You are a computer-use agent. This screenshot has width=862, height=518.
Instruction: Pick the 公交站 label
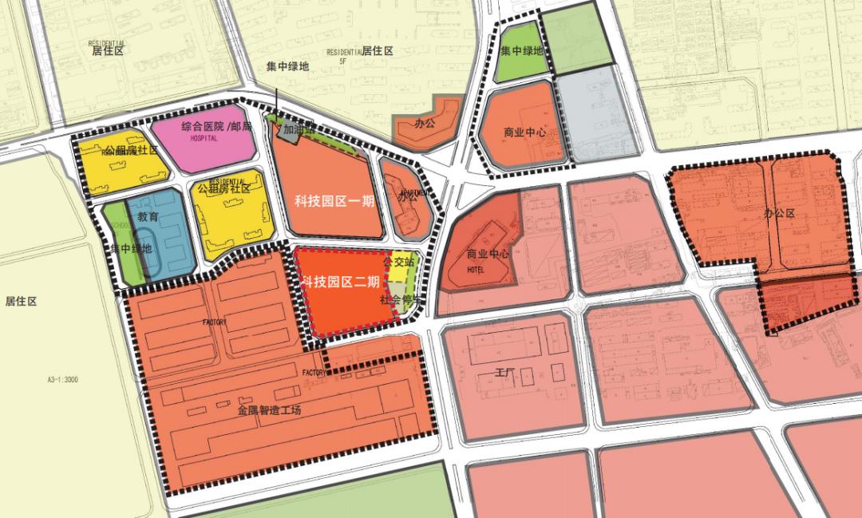pyautogui.click(x=399, y=261)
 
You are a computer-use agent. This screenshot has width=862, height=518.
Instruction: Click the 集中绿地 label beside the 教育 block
pyautogui.click(x=132, y=248)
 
